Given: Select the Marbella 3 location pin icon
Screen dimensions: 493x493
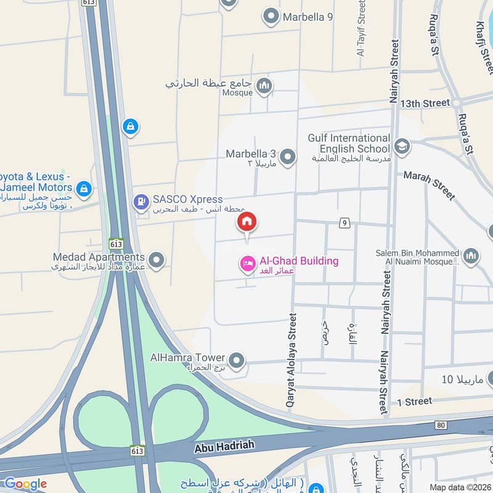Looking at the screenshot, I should tap(287, 158).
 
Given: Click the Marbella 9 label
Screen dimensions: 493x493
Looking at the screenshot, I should tap(308, 17).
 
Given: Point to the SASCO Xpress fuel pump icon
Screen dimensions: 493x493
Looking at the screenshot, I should tap(141, 201).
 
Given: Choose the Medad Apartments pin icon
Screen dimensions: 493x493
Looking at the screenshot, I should tap(157, 260).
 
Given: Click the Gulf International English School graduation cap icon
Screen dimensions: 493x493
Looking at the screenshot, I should tap(402, 146).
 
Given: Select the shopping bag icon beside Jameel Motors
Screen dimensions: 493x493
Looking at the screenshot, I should tap(84, 188).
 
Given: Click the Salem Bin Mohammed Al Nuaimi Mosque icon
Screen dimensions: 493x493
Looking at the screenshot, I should tap(471, 256).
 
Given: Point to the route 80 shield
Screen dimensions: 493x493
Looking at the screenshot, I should tap(440, 425).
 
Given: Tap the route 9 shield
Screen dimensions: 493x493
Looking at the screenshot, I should tap(344, 222).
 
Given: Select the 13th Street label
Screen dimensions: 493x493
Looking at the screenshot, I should tap(425, 103).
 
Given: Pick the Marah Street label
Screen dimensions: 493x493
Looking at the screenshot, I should tap(430, 185).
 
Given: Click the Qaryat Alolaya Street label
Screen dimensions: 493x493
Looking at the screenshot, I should tap(291, 359).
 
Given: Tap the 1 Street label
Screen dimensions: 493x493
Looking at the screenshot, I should tap(414, 401).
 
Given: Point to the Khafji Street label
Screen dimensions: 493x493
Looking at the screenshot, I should tap(485, 43).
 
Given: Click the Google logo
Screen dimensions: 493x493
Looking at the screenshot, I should tap(25, 484).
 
